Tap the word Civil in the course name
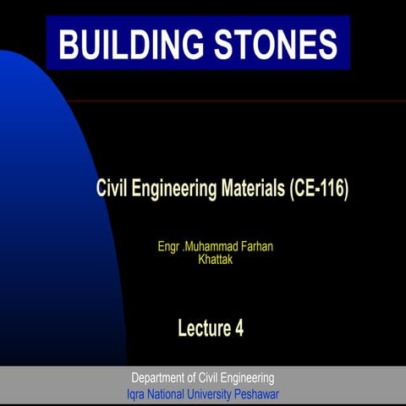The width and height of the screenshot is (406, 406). click(114, 188)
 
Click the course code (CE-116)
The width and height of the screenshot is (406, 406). click(318, 188)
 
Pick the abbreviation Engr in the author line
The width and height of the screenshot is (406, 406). click(169, 246)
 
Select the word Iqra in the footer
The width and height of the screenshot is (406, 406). click(136, 394)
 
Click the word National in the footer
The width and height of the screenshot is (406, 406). click(170, 394)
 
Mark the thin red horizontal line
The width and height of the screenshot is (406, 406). click(254, 101)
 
